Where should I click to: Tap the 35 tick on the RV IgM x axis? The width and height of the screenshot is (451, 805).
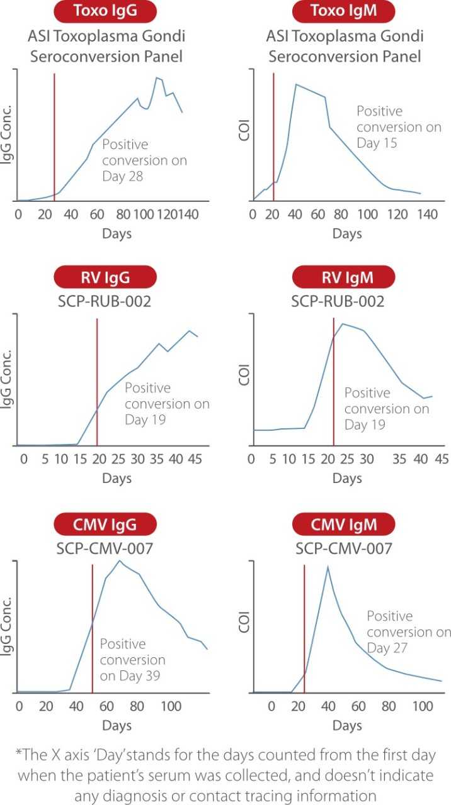(x=400, y=459)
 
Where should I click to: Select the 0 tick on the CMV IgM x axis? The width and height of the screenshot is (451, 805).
(x=271, y=705)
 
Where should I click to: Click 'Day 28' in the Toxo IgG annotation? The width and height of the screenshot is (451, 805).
(x=123, y=177)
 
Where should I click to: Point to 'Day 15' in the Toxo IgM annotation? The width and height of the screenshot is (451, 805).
(x=377, y=143)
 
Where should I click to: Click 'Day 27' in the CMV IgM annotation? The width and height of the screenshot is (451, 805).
(x=387, y=648)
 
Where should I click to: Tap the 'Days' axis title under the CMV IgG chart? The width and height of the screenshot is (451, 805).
(x=117, y=726)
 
